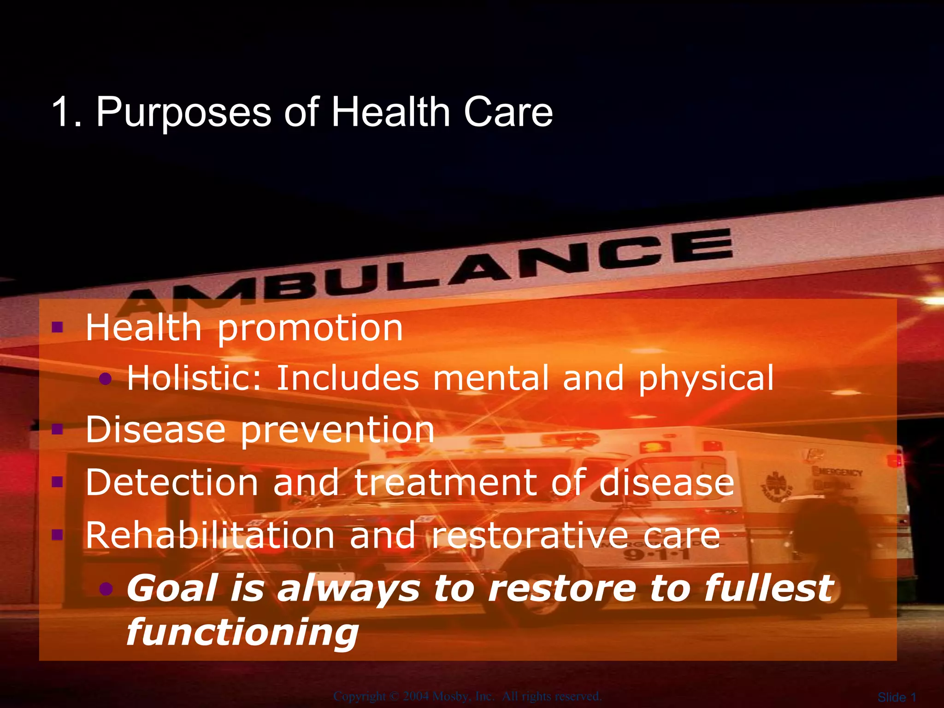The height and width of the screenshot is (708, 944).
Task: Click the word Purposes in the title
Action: (183, 113)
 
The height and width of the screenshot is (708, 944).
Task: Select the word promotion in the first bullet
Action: (310, 329)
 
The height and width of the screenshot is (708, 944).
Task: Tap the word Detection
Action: (171, 483)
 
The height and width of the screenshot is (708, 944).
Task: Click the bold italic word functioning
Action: (242, 632)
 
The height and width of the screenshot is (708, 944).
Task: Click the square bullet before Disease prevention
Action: (58, 430)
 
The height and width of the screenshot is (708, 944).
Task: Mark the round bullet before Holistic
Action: (106, 379)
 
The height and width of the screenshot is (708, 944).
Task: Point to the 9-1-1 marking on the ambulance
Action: (657, 554)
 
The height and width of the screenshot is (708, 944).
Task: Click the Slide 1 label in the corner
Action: (897, 697)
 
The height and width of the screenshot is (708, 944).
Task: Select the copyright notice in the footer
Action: (467, 696)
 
